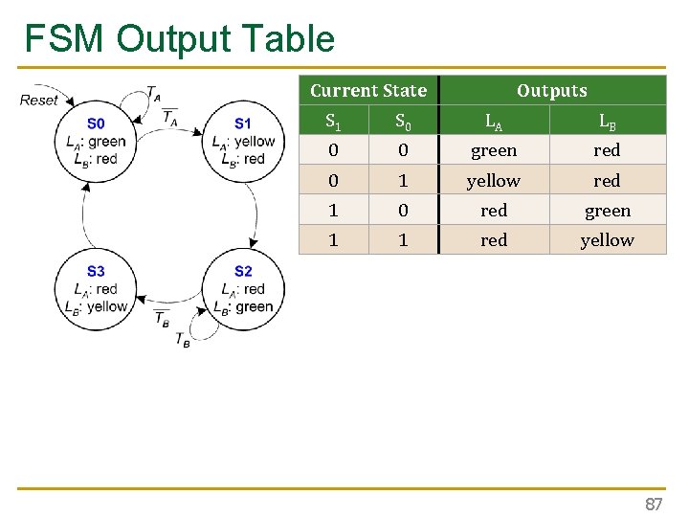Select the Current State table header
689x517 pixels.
(368, 91)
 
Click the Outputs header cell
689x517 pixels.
(551, 91)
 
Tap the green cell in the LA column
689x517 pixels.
(494, 150)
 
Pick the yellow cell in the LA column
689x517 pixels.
(494, 181)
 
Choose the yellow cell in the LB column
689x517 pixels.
(607, 240)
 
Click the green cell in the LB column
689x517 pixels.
(607, 211)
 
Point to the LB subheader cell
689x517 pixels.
(607, 122)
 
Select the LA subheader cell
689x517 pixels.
(494, 122)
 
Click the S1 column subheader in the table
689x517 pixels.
(333, 122)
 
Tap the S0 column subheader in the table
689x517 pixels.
(403, 122)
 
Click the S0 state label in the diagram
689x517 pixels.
(96, 124)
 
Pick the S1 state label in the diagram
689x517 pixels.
(243, 124)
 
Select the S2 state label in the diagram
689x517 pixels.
(243, 272)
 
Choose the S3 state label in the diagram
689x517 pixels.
(96, 272)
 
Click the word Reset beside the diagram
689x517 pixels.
(39, 100)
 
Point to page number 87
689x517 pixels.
(654, 504)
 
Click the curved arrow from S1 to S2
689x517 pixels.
(255, 213)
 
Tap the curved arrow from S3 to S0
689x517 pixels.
(84, 213)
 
